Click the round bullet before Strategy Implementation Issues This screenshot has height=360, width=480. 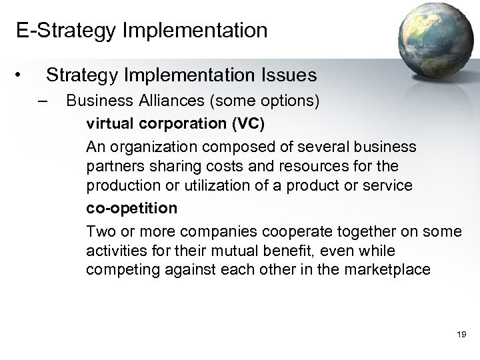coord(21,75)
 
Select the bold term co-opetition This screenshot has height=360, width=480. coord(132,209)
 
